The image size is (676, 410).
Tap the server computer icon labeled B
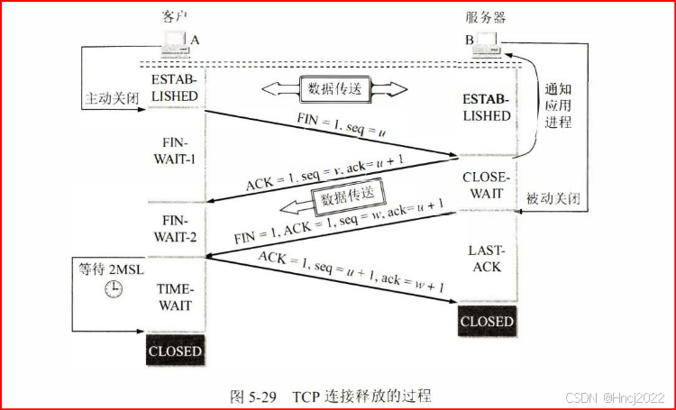coord(488,41)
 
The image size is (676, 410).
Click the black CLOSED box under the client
coord(176,350)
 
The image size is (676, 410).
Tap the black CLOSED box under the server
coord(487,321)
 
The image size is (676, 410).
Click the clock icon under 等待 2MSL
coord(114,288)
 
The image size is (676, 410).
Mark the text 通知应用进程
coord(559,106)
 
